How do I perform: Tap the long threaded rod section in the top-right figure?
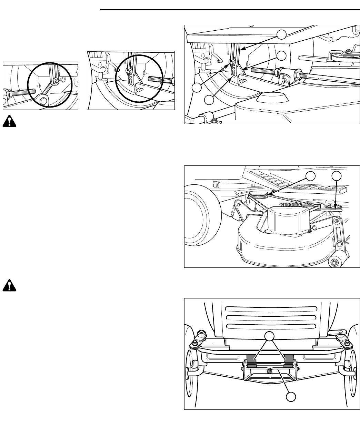[264, 71]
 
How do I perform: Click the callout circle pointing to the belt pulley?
[312, 176]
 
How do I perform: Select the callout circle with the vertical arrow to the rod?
[337, 176]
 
